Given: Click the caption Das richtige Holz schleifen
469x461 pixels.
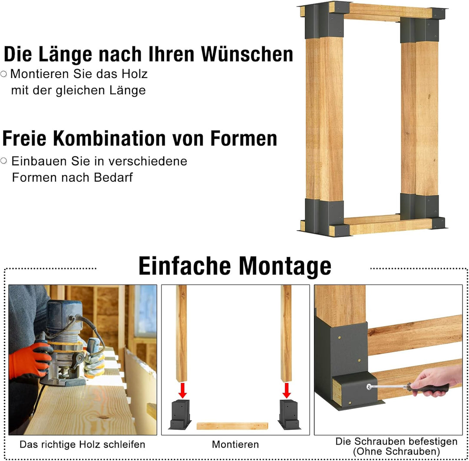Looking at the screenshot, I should point(83,445).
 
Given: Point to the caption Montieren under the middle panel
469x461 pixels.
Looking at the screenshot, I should point(235,445).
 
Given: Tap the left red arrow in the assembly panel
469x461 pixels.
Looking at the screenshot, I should point(183,390).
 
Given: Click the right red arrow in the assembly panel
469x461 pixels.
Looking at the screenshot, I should point(286,390).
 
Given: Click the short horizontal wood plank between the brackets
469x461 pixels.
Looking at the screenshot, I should point(232,426).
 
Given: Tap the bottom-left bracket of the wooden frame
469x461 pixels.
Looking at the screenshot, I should point(325,217).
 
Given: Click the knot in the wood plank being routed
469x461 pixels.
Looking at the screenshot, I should point(103,417).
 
